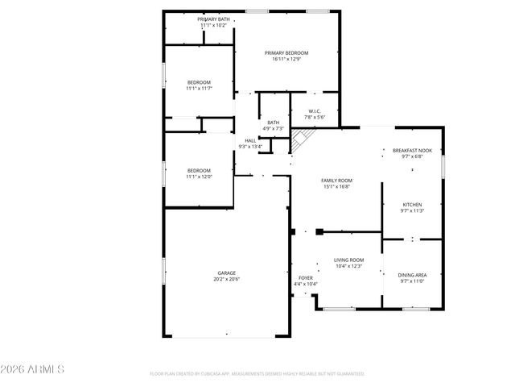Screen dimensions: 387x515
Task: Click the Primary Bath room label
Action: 213,19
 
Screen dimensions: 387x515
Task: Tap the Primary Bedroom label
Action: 286,52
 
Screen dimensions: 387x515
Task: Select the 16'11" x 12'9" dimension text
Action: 286,59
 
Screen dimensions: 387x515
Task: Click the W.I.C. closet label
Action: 314,111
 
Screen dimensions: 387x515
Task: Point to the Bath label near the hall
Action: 274,123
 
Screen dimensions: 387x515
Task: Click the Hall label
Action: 250,140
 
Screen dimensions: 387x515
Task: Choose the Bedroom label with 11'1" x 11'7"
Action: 199,82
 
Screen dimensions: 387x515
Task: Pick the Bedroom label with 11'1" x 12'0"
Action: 199,170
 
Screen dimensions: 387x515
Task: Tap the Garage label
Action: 227,273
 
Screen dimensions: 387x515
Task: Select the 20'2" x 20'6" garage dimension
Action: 227,279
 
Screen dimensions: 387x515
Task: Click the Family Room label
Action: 337,181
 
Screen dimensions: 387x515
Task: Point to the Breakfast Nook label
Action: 412,150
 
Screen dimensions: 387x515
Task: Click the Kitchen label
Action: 412,205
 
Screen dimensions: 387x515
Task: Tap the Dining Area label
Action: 412,275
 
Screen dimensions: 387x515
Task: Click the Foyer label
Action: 306,277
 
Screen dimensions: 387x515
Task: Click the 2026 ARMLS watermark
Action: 33,369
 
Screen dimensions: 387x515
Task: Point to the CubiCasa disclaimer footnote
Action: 257,374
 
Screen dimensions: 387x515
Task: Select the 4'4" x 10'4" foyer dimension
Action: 306,284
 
